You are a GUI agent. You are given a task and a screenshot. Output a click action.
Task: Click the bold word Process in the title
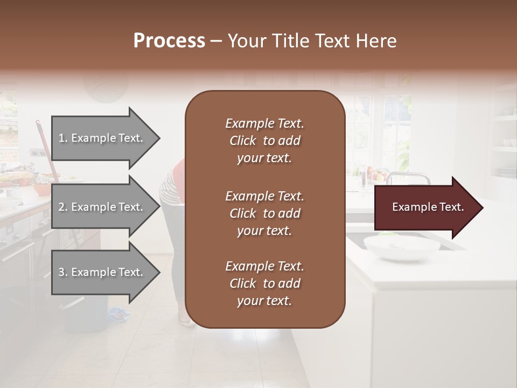pos(169,41)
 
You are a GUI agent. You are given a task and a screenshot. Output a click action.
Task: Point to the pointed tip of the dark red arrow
pos(481,207)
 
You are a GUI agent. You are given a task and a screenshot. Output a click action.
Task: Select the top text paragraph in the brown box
pos(264,141)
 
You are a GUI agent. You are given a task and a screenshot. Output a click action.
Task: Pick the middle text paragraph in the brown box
pos(264,213)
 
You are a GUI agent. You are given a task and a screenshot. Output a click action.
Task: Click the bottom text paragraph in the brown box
pos(264,283)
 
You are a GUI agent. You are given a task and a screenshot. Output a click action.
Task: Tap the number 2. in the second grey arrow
pos(63,207)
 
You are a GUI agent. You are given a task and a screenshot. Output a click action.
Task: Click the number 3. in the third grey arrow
pos(63,273)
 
